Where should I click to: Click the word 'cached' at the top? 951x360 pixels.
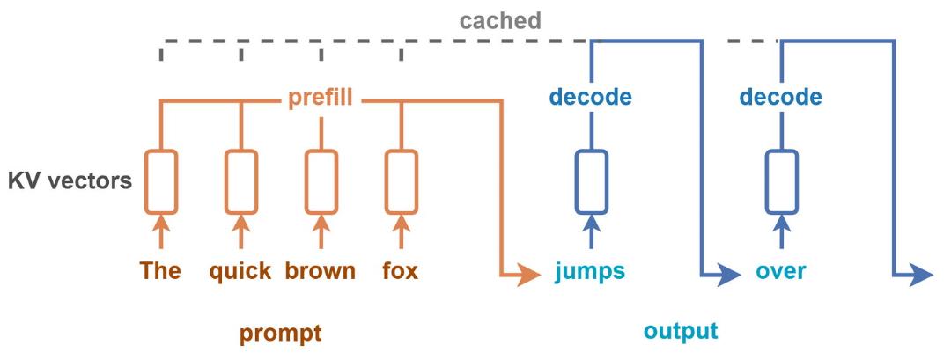pos(500,20)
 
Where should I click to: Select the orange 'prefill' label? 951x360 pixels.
pos(321,97)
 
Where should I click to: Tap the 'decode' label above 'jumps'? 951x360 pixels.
pos(590,96)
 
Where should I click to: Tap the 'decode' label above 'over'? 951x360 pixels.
pos(781,96)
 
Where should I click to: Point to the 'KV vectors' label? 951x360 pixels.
pos(70,180)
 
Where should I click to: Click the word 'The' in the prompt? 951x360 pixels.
pos(161,270)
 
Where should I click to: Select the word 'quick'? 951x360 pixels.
pos(240,271)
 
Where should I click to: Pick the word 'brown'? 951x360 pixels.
pos(321,270)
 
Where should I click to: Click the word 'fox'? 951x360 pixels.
pos(401,270)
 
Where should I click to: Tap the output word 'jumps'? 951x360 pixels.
pos(590,271)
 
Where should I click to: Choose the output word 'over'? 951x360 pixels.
pos(781,271)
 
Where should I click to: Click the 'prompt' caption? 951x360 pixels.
pos(280,334)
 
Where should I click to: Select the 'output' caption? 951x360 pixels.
pos(681,332)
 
